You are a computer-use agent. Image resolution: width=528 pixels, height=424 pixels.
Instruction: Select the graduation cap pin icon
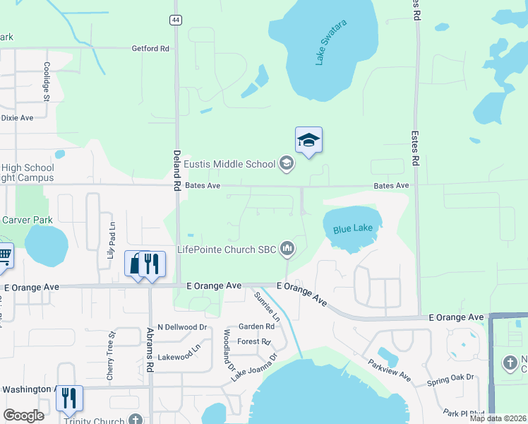point(308,140)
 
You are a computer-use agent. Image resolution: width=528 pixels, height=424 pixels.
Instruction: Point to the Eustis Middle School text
point(229,164)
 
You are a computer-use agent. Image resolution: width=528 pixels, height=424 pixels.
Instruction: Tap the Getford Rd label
point(150,49)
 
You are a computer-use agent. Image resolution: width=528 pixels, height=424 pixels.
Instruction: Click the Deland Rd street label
point(176,170)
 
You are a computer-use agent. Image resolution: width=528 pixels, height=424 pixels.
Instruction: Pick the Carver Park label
point(27,220)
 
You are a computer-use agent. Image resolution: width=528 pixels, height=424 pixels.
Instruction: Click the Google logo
point(23,416)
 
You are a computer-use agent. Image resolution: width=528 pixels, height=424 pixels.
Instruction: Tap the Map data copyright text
point(498,418)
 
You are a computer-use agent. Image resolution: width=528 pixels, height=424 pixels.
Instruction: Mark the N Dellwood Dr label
point(182,327)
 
